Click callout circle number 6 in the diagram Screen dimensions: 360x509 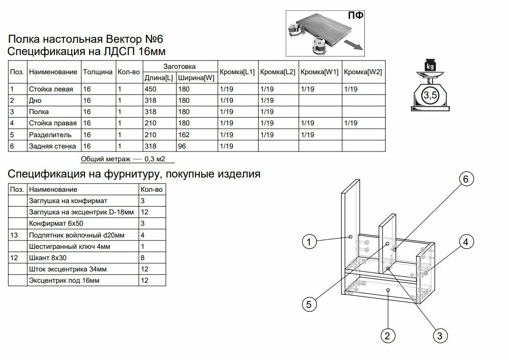coord(465,179)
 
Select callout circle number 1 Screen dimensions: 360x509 coord(308,241)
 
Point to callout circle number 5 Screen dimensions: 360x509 coord(308,304)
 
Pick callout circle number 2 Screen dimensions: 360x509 coord(387,336)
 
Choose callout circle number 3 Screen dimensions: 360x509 coord(440,336)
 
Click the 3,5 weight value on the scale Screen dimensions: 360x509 coord(430,95)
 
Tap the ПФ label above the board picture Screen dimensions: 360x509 coord(355,16)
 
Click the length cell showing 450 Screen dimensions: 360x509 coord(150,89)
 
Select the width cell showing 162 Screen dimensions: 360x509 coord(183,134)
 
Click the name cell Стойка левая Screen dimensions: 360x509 coord(51,89)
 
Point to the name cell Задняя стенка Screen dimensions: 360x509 coord(53,146)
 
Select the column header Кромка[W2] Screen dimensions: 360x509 coord(363,72)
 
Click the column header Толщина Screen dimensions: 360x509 coord(97,72)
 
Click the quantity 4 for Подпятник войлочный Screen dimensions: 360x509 coord(143,235)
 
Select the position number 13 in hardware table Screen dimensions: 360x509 coord(14,235)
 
